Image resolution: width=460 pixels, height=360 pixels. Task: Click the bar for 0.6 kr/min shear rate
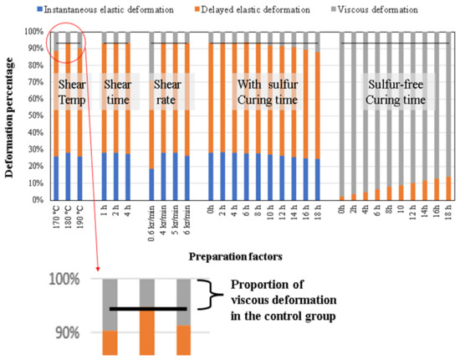tap(151, 117)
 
